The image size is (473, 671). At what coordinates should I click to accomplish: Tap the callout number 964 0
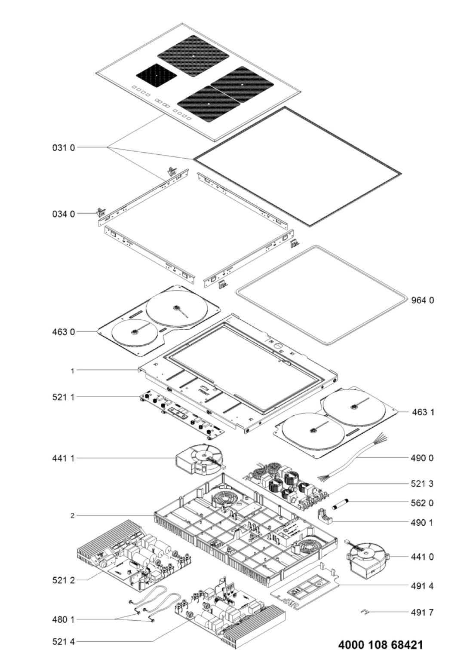point(423,300)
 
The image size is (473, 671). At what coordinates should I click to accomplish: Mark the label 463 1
point(423,412)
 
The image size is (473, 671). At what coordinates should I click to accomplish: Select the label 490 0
point(423,458)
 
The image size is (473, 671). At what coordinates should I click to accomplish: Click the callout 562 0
point(423,503)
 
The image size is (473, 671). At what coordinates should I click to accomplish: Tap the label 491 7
point(423,612)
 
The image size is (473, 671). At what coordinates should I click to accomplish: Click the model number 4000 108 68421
point(381,645)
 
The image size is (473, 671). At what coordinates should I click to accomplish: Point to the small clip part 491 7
point(365,611)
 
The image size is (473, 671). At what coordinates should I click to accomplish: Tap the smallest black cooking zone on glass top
point(157,76)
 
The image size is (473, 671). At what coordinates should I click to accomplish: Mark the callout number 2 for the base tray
point(73,515)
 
